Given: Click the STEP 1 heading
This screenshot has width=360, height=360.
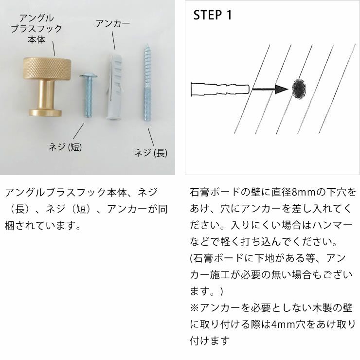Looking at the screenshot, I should (213, 15).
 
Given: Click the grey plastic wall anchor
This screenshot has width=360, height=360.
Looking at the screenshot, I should (114, 88).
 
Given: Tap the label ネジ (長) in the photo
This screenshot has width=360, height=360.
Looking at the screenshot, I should (151, 153).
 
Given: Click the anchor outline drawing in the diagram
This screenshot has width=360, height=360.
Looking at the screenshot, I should (219, 89).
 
